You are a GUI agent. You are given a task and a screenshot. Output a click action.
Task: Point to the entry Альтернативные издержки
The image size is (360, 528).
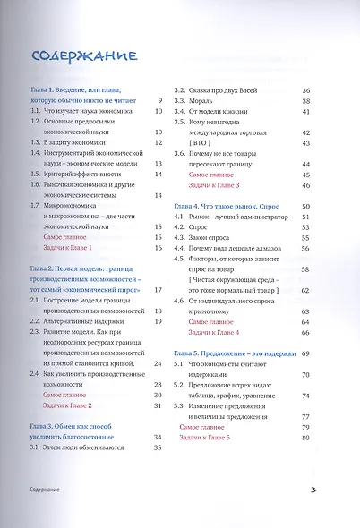click(85, 315)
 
